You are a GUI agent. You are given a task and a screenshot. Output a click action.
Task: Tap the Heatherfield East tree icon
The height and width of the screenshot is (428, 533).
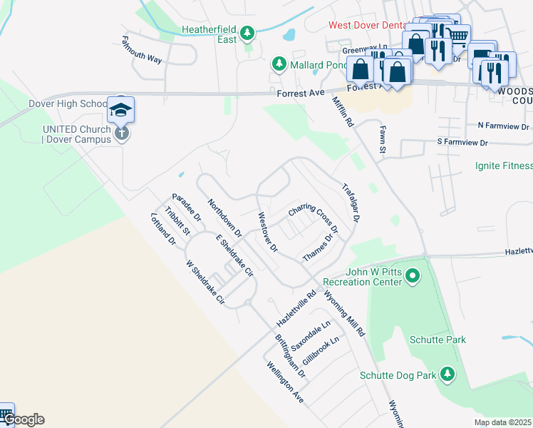tap(247, 32)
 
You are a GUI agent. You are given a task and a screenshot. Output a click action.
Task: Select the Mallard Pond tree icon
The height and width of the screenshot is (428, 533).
tap(279, 64)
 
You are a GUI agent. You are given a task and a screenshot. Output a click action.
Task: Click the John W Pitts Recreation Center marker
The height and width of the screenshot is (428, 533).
tap(411, 275)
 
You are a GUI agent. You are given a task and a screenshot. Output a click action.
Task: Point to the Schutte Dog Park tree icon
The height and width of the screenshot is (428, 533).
tap(447, 374)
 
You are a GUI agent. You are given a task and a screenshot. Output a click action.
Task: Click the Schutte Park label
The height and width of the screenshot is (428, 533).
tap(438, 340)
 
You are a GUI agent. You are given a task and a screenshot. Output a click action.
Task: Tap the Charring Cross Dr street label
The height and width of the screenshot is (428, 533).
tap(312, 220)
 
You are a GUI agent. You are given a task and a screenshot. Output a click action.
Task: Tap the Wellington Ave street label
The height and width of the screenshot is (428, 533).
tap(285, 383)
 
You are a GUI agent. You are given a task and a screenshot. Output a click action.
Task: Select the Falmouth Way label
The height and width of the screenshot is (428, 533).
tap(141, 49)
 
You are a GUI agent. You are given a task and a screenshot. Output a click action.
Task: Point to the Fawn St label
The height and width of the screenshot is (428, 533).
tap(381, 140)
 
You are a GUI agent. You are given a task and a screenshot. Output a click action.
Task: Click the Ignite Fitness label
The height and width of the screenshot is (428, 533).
tap(503, 166)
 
